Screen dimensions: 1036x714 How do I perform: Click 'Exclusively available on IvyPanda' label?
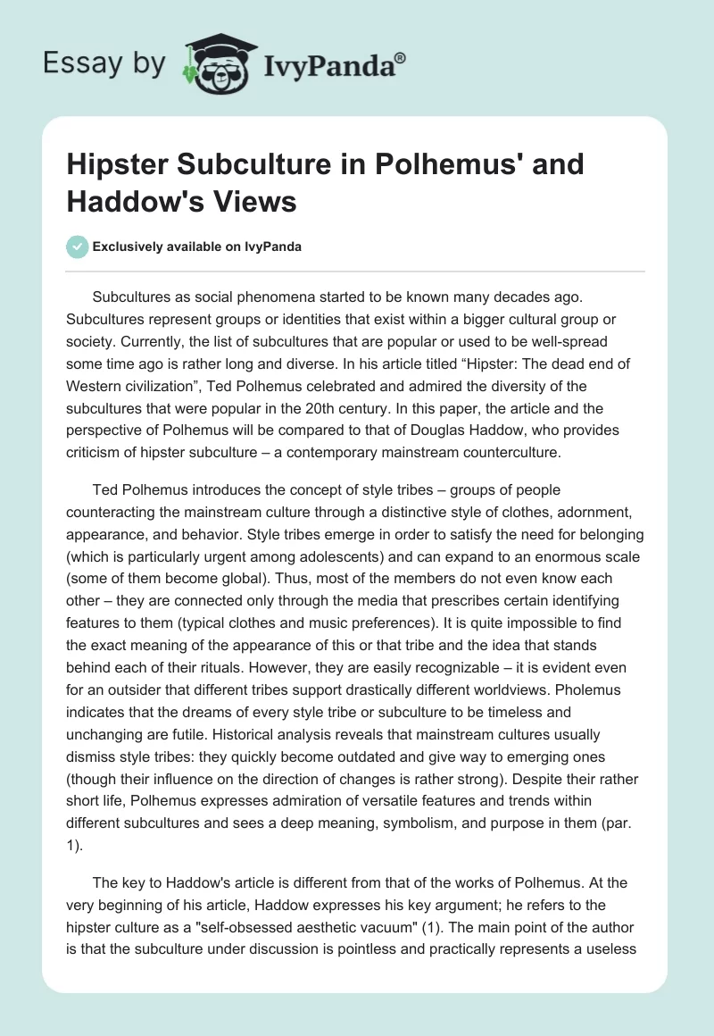point(195,247)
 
